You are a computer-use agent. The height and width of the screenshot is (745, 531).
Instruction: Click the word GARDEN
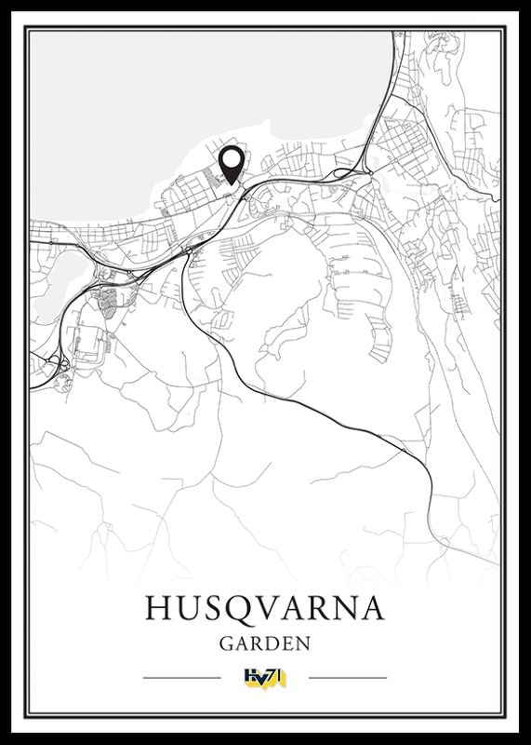tap(265, 643)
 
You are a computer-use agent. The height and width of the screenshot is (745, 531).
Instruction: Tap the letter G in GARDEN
tap(227, 643)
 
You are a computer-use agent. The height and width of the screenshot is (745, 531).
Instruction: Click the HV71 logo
tap(265, 677)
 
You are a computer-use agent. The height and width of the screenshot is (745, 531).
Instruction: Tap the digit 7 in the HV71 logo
tap(272, 677)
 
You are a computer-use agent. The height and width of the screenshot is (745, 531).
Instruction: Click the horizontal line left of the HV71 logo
tap(182, 677)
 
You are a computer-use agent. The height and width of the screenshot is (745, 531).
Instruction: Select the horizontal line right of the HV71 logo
tap(347, 677)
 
